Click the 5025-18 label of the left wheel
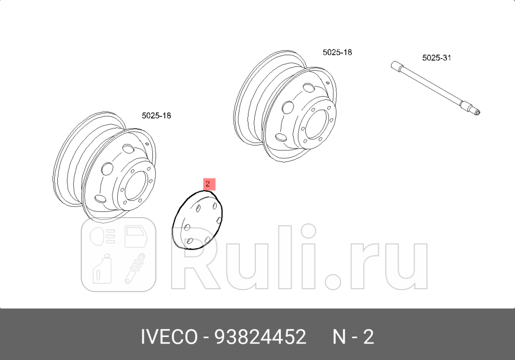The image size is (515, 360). coord(156,115)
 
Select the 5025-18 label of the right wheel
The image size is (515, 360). coord(337,52)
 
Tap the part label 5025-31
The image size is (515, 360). coord(436,57)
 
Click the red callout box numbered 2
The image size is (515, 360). coord(208,184)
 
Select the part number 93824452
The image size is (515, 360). coord(260,337)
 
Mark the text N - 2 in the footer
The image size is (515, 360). coord(353,337)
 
